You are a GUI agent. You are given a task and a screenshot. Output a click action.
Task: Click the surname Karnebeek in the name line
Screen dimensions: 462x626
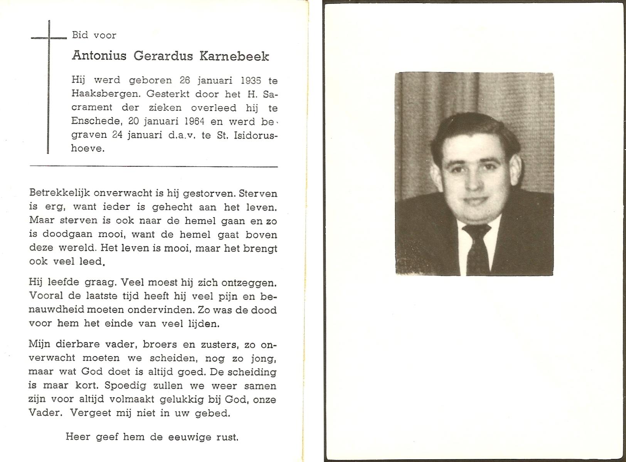click(x=234, y=56)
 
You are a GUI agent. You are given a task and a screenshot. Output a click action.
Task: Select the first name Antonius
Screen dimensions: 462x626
click(x=99, y=56)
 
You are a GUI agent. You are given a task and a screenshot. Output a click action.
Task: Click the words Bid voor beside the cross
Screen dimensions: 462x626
click(x=94, y=35)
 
